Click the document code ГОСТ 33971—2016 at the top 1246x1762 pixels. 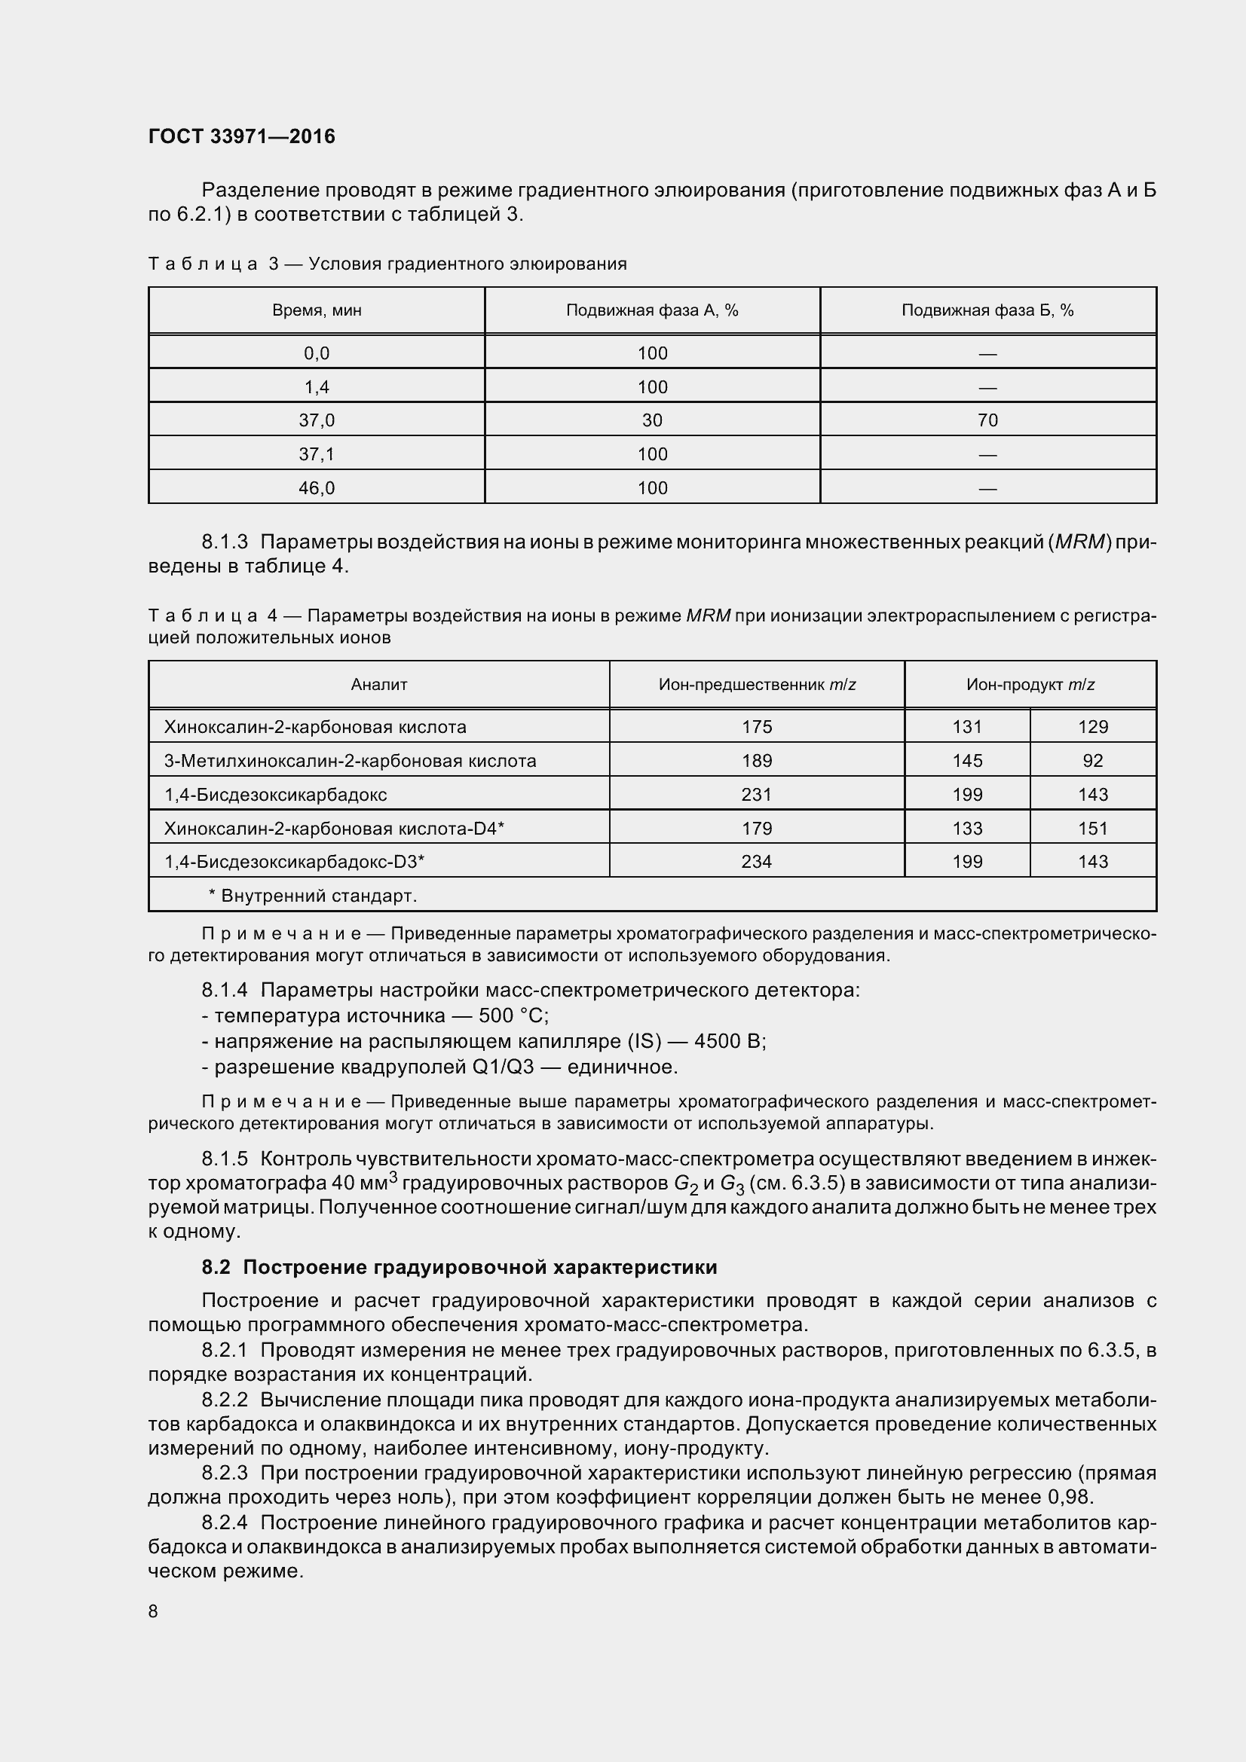coord(242,136)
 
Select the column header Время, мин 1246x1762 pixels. coord(317,311)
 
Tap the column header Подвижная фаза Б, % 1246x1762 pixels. coord(987,311)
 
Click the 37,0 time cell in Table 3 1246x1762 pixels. coord(317,420)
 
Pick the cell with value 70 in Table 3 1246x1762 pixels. coord(987,420)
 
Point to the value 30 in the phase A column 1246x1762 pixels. coord(652,420)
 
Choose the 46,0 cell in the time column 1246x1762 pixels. coord(317,488)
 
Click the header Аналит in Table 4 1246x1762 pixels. coord(378,685)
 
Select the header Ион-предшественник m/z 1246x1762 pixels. coord(756,685)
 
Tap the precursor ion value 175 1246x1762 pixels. coord(756,727)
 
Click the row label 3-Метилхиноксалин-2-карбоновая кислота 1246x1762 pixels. coord(350,761)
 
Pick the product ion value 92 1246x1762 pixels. coord(1092,761)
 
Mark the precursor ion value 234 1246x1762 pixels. coord(756,862)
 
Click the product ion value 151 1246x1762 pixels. coord(1092,828)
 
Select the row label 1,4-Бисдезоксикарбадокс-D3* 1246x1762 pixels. coord(294,862)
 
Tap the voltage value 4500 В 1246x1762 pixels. coord(729,1041)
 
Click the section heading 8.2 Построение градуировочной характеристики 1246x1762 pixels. coord(459,1267)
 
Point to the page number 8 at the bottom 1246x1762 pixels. coord(153,1611)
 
